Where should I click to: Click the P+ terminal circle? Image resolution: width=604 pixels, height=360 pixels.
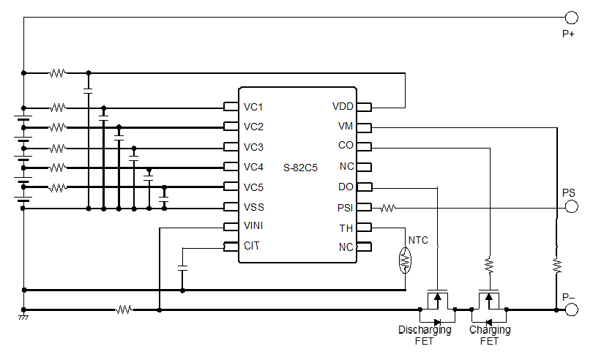[x=571, y=18]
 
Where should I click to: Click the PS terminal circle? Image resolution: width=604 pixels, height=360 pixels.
[x=571, y=208]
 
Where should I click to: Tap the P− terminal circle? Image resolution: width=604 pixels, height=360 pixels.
[x=571, y=310]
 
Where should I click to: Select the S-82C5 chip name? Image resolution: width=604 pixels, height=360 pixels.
[x=300, y=168]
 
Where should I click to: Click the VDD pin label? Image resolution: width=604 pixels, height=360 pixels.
[x=343, y=107]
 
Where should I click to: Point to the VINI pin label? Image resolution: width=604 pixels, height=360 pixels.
[x=253, y=226]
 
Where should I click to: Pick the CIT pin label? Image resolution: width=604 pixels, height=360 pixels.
[x=251, y=246]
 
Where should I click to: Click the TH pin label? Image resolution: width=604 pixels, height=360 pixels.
[x=346, y=228]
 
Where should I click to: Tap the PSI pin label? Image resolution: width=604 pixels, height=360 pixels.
[x=345, y=208]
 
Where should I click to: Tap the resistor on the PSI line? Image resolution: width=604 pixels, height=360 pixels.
[x=387, y=208]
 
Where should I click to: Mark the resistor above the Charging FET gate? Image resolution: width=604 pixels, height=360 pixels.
[x=489, y=263]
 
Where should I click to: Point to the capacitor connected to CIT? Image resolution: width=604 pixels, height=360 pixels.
[x=182, y=269]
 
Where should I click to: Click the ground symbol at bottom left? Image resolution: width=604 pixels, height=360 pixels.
[x=23, y=317]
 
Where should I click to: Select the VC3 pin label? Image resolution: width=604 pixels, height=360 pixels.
[x=253, y=147]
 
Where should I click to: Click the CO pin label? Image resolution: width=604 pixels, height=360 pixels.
[x=346, y=146]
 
